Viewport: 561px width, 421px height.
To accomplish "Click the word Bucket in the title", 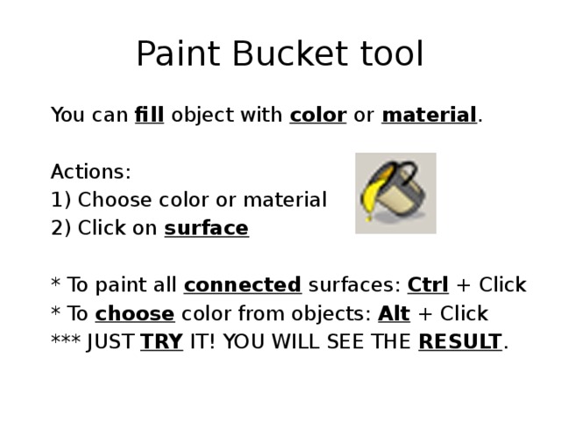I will tap(280, 55).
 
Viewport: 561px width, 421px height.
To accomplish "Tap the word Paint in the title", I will tap(176, 55).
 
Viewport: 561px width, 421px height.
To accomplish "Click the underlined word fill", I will tap(150, 115).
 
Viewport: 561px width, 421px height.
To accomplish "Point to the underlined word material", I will tap(429, 115).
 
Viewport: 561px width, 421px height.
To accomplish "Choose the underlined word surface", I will tap(206, 228).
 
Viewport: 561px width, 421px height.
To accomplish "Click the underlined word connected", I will tap(242, 285).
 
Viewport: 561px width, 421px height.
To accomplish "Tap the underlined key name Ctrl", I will tap(429, 285).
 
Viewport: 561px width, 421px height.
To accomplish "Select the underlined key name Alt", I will tap(394, 313).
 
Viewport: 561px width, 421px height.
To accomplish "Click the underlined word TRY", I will tap(161, 341).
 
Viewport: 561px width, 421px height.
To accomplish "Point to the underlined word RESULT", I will tap(460, 341).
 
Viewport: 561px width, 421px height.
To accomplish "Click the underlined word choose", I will tap(134, 313).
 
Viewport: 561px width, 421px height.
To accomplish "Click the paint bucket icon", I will tap(395, 193).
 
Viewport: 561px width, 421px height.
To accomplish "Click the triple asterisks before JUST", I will tap(67, 341).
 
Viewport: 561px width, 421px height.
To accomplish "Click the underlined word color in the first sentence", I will tap(317, 115).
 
